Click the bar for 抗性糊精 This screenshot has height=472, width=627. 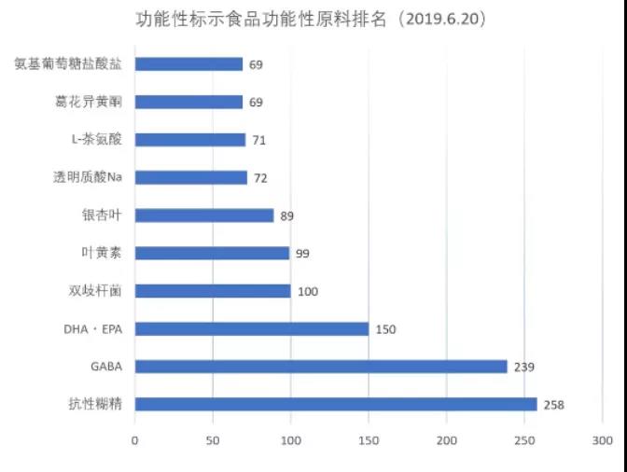click(336, 404)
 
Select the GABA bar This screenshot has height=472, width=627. click(321, 367)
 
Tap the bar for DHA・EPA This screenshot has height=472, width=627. click(252, 328)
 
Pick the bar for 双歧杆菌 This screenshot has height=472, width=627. click(213, 291)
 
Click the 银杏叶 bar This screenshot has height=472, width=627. click(204, 215)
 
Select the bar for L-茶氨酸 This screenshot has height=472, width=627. click(190, 140)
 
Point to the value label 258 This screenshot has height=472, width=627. click(555, 405)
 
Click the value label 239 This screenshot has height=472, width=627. click(524, 367)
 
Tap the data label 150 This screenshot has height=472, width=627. click(386, 329)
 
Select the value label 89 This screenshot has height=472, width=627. click(287, 215)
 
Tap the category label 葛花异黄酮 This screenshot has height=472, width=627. click(90, 102)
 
